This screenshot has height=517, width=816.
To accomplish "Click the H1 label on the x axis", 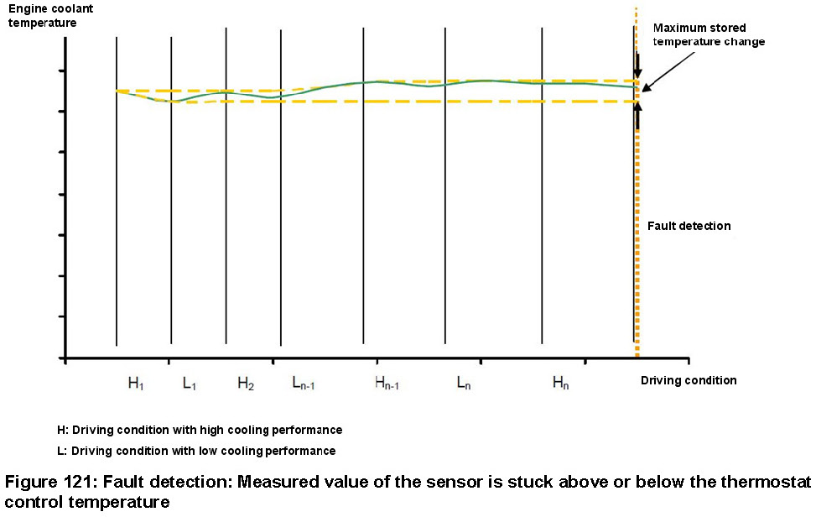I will (136, 384).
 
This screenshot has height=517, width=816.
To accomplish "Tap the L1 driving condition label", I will (190, 384).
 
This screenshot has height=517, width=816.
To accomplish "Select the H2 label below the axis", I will (245, 384).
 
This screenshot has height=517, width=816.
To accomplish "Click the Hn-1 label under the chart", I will (387, 384).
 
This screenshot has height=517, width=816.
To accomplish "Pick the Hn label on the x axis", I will (560, 384).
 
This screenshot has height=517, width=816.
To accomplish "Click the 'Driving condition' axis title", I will (689, 380).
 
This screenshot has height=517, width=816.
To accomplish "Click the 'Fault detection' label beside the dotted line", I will (689, 226).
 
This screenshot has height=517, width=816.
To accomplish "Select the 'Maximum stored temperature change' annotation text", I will (709, 35).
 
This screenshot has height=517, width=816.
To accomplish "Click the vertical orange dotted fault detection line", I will (637, 252).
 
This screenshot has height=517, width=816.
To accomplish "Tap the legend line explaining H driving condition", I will (200, 430).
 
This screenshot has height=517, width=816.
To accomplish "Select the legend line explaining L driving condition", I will (196, 451).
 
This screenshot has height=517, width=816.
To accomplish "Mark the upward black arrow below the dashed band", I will (637, 116).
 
